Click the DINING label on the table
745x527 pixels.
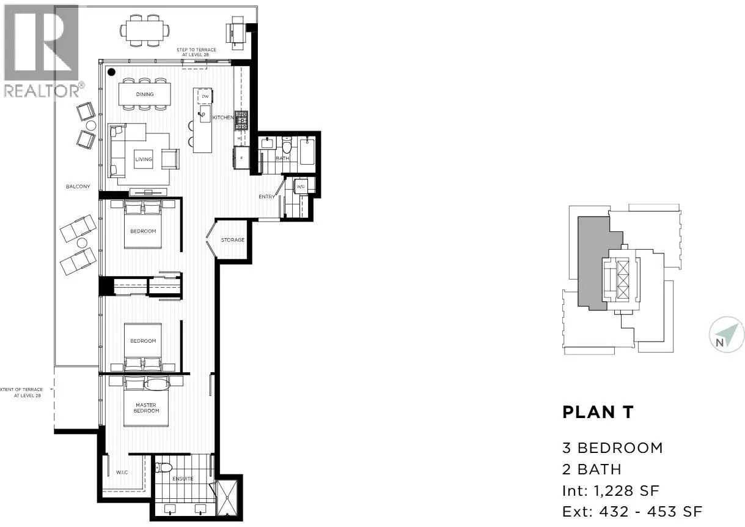(145, 94)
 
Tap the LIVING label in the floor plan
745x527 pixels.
(144, 159)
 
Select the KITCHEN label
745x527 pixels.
(223, 118)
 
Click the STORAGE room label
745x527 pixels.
(233, 240)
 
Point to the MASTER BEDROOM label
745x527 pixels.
(146, 408)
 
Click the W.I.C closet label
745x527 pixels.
(122, 472)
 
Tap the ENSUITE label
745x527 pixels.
(183, 479)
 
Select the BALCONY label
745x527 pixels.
(78, 186)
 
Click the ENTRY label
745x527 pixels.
(266, 196)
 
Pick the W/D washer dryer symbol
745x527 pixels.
(301, 187)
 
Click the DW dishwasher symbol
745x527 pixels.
(205, 97)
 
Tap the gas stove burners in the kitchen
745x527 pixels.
(241, 121)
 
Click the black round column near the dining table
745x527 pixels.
(111, 72)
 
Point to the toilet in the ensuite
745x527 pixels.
(163, 468)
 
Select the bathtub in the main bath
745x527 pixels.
(307, 152)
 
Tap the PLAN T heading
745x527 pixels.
(598, 413)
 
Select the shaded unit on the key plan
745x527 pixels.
(597, 263)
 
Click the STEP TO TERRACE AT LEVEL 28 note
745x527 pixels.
(197, 52)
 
